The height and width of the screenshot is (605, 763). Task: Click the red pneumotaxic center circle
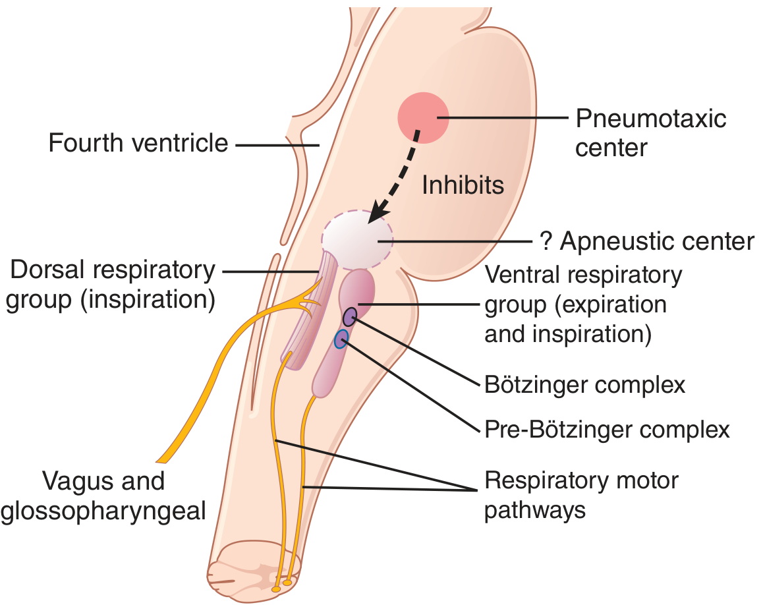423,117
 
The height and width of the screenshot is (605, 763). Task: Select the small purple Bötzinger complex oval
350,316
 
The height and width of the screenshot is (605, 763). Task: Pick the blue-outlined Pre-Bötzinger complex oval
341,339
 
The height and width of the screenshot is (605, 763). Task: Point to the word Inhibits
463,185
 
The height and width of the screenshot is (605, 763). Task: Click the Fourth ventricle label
138,143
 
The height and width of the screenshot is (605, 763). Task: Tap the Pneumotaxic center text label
650,132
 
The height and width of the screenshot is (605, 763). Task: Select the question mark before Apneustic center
545,242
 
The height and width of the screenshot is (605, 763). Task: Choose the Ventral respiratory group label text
583,304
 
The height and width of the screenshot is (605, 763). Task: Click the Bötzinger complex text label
584,384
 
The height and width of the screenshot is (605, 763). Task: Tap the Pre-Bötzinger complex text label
607,430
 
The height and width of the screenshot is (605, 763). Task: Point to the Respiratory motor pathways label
581,494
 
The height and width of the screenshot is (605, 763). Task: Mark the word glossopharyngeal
103,511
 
